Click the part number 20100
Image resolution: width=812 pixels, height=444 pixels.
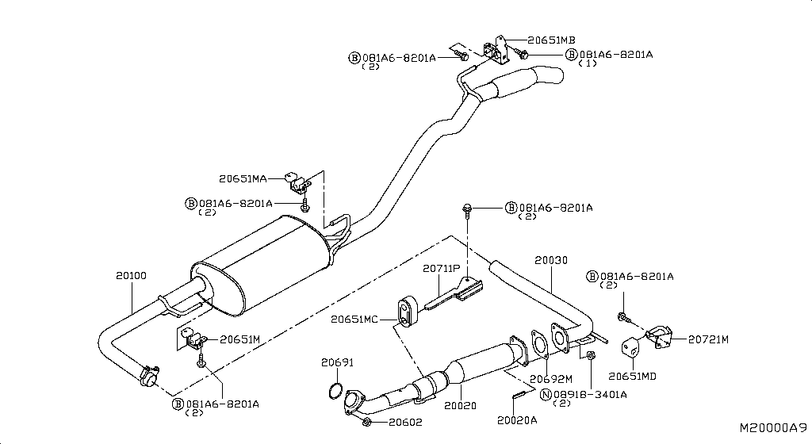131,276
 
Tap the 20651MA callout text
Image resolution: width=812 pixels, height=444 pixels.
243,178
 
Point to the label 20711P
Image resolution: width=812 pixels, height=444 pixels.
441,269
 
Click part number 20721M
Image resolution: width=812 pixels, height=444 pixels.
707,339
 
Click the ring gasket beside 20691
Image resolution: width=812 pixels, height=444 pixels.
336,392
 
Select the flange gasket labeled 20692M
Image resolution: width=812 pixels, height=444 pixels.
539,346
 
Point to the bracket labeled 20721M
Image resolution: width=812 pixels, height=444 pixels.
660,336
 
